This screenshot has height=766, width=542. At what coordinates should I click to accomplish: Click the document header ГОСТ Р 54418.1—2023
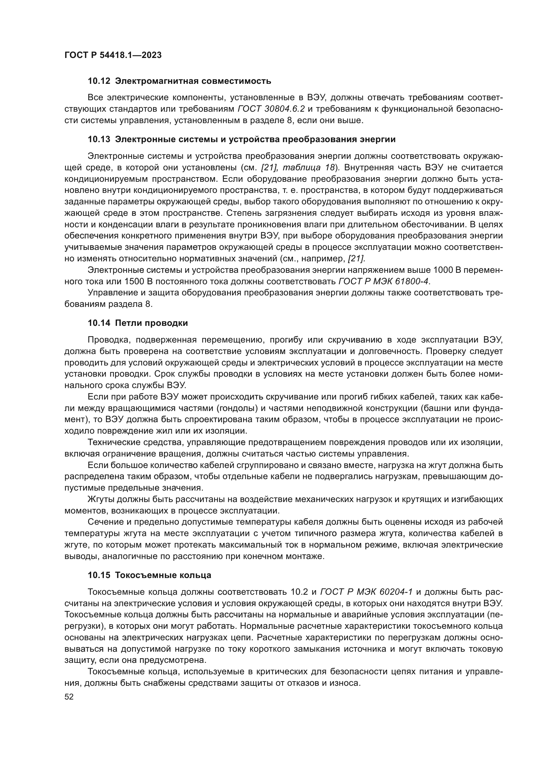113,55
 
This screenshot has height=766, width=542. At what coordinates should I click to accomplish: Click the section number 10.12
99,81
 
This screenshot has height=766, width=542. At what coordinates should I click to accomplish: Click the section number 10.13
99,140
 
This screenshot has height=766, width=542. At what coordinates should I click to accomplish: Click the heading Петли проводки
151,323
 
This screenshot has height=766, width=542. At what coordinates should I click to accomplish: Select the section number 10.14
99,323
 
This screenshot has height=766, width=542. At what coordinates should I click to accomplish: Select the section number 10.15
99,575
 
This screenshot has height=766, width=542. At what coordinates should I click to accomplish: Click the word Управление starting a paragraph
109,292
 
